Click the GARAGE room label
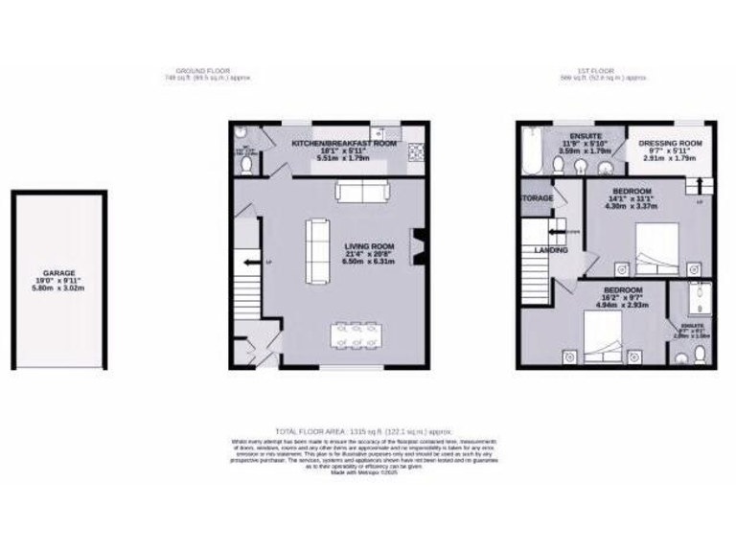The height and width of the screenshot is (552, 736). click(58, 273)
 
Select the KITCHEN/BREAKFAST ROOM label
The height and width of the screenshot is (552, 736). click(343, 143)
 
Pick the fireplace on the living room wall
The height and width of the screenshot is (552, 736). click(415, 246)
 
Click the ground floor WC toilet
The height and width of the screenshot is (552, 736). click(246, 166)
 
